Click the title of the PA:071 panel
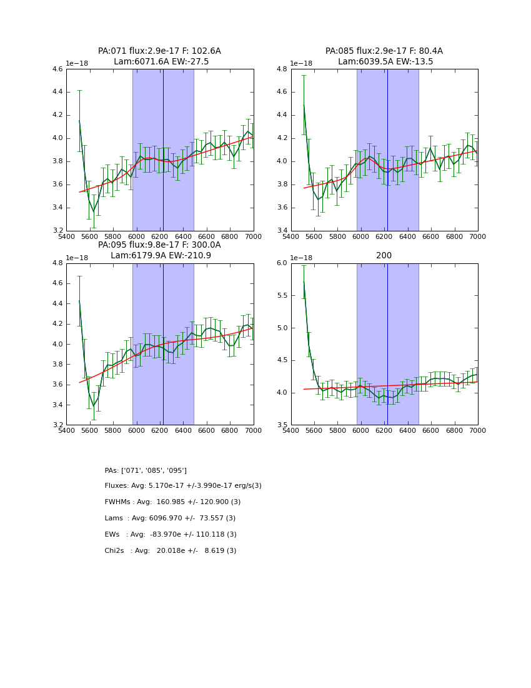pyautogui.click(x=159, y=51)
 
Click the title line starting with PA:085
pyautogui.click(x=384, y=51)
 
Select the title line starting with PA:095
pyautogui.click(x=159, y=245)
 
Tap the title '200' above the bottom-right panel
pyautogui.click(x=384, y=256)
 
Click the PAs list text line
pyautogui.click(x=146, y=470)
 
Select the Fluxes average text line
pyautogui.click(x=183, y=486)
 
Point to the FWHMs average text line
pyautogui.click(x=172, y=502)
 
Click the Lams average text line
pyautogui.click(x=170, y=519)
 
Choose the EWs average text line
pyautogui.click(x=171, y=535)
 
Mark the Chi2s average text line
pyautogui.click(x=171, y=551)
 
